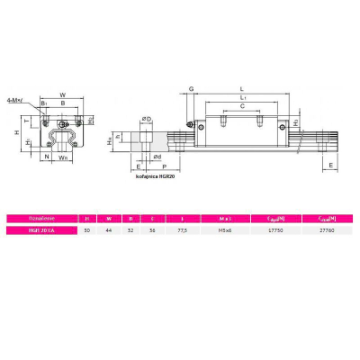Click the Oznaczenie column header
coord(43,218)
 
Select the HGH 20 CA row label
coord(43,231)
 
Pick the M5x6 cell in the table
coord(225,231)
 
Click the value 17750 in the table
coord(277,231)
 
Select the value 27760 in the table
coord(328,231)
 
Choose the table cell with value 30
coord(86,231)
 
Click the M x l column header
coord(225,218)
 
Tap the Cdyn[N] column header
coord(277,218)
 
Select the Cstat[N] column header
coord(328,218)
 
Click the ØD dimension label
coord(147,117)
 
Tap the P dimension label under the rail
coord(162,166)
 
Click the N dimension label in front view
coord(47,156)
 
